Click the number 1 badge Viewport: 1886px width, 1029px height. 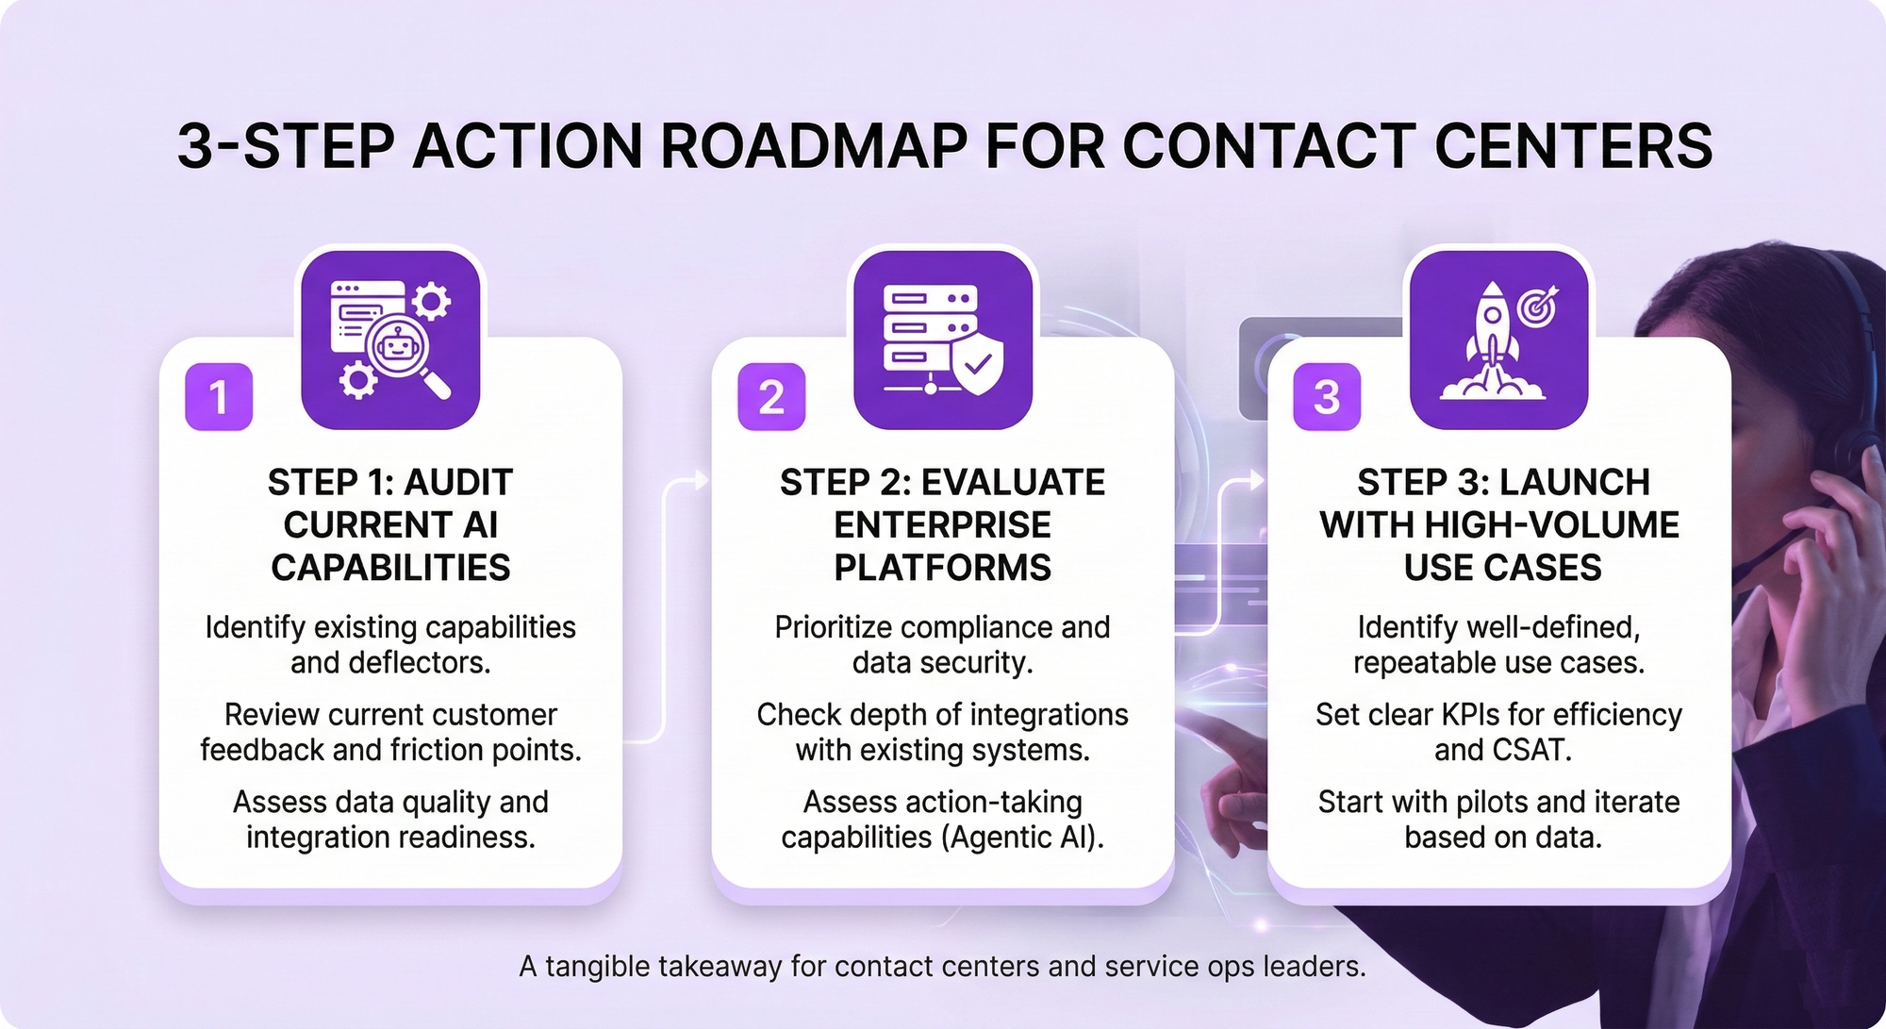click(x=219, y=397)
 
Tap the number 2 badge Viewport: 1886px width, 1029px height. click(x=771, y=397)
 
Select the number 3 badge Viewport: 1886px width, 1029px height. click(x=1327, y=397)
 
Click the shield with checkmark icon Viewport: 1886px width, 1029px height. click(x=978, y=362)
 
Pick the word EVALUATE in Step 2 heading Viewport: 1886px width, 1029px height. click(x=1013, y=483)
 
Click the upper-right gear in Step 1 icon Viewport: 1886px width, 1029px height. click(x=432, y=302)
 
